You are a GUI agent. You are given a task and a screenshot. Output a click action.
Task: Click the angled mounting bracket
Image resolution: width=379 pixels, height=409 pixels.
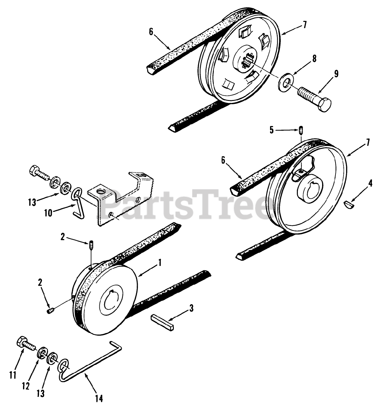coord(123,198)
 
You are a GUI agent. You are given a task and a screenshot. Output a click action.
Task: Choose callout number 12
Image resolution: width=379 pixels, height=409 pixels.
coord(26,386)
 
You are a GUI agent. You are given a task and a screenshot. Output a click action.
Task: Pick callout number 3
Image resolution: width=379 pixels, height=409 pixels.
coord(191,309)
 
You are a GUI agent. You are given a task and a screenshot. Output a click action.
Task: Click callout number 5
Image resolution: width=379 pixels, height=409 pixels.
coord(272,130)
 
